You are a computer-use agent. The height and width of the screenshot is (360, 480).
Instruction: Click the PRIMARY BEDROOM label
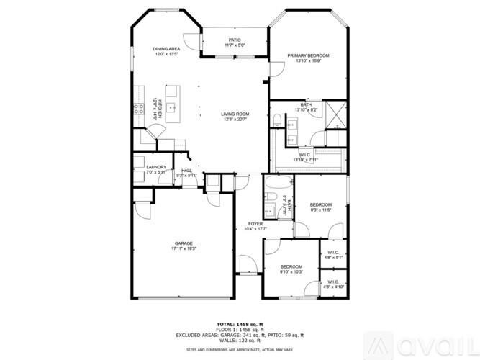pyautogui.click(x=308, y=55)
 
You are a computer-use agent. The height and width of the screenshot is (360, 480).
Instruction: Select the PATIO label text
pyautogui.click(x=234, y=40)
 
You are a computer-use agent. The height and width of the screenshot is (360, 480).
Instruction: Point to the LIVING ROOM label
pyautogui.click(x=235, y=114)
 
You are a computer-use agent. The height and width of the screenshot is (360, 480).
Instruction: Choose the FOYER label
pyautogui.click(x=255, y=224)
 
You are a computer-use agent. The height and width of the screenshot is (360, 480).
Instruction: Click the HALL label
pyautogui.click(x=186, y=171)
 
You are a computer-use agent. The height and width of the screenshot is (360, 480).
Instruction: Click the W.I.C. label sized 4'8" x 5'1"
pyautogui.click(x=333, y=252)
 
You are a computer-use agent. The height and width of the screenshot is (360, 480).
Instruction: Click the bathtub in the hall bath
pyautogui.click(x=276, y=182)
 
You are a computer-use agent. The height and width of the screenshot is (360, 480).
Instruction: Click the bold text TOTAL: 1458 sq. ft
pyautogui.click(x=239, y=325)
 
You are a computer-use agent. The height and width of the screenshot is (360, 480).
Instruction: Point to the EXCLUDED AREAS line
pyautogui.click(x=240, y=335)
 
